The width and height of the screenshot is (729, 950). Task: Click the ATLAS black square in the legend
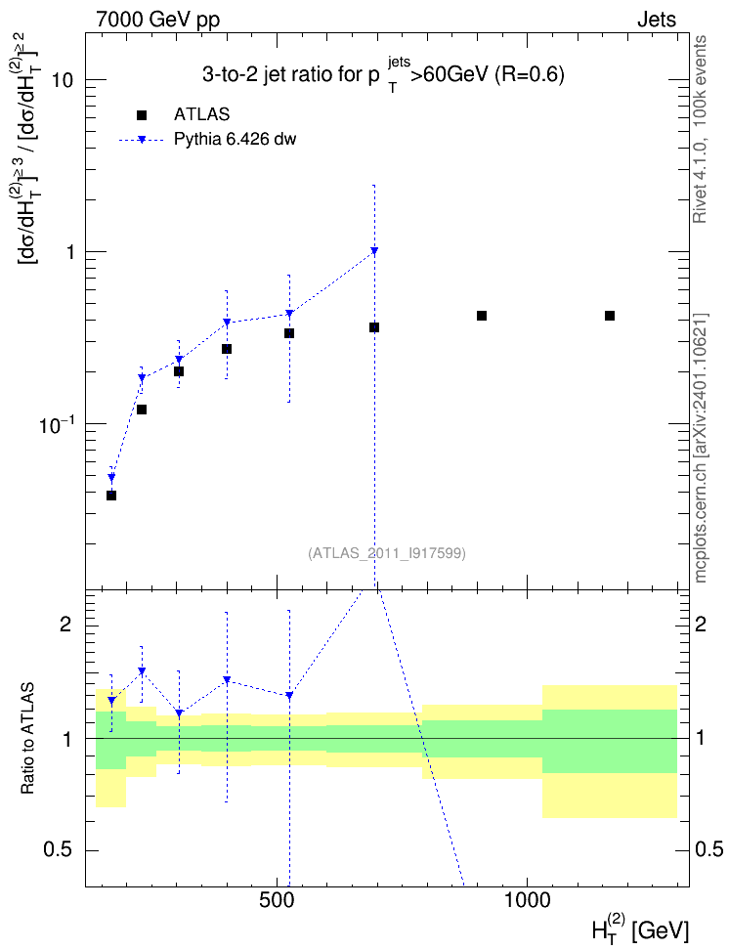tap(142, 115)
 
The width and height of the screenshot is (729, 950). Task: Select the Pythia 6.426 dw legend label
tap(236, 140)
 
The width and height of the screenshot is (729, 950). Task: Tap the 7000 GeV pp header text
tap(157, 20)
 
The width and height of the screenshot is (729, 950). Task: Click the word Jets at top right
tap(657, 20)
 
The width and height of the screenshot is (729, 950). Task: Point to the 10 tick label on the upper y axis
tap(62, 79)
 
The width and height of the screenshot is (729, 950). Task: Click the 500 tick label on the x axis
tap(277, 900)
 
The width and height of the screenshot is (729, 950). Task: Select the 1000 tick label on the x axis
tap(527, 900)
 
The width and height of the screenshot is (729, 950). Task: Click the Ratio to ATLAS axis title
tap(27, 739)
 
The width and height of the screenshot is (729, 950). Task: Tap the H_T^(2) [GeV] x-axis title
tap(640, 930)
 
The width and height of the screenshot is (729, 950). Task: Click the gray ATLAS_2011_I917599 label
tap(387, 553)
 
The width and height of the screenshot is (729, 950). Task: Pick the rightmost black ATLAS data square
tap(610, 316)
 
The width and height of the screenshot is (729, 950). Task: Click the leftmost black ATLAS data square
tap(111, 496)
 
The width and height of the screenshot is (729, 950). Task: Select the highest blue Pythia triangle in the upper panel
tap(374, 250)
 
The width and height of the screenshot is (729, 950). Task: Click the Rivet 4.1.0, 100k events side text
tap(700, 129)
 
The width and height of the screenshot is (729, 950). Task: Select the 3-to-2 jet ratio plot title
tap(383, 74)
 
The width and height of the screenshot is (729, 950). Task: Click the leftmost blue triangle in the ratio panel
tap(111, 701)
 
